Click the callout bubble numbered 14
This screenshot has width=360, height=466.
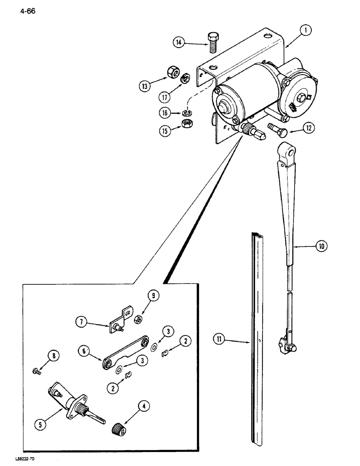click(178, 43)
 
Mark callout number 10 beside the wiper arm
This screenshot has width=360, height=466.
click(321, 246)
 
